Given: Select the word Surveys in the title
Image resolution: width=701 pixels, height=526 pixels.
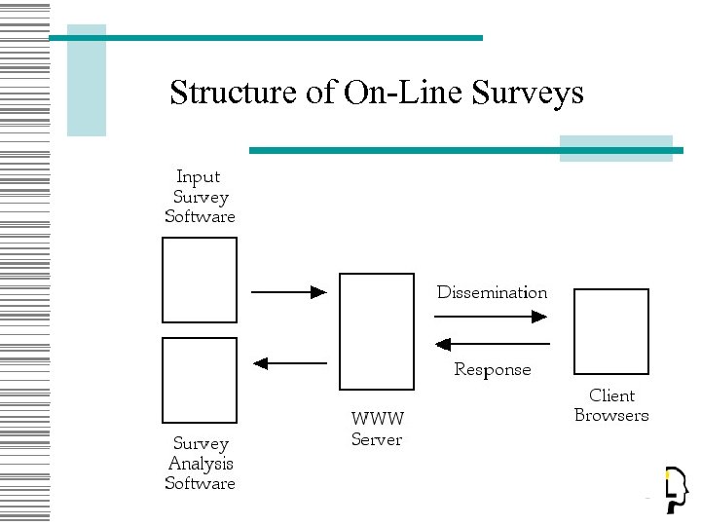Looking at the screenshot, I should pyautogui.click(x=528, y=94).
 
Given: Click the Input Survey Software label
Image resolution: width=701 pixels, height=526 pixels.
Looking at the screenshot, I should pyautogui.click(x=200, y=197).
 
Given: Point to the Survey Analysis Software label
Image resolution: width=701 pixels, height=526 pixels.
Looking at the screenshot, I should pyautogui.click(x=200, y=463).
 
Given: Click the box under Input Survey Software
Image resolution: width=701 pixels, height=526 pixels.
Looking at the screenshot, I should pyautogui.click(x=200, y=280).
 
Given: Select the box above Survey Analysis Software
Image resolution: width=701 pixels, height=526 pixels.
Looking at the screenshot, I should pyautogui.click(x=200, y=380).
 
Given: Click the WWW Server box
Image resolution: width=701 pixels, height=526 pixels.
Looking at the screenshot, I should pyautogui.click(x=376, y=331).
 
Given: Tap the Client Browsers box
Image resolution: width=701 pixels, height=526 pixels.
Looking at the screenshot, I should pyautogui.click(x=610, y=331).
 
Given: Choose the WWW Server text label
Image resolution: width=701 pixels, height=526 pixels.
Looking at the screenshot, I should pyautogui.click(x=377, y=429).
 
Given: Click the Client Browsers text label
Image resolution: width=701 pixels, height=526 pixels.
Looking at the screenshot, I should pyautogui.click(x=611, y=405).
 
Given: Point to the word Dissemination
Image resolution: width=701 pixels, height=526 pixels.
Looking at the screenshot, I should pyautogui.click(x=492, y=292).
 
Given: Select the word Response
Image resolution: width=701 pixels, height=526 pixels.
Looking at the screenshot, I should pyautogui.click(x=493, y=370).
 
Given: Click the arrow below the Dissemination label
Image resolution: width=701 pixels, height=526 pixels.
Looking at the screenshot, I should pyautogui.click(x=492, y=316).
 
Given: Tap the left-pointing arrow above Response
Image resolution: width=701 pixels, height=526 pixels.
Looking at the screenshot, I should pyautogui.click(x=492, y=344).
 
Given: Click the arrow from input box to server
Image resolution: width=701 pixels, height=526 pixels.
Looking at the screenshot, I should pyautogui.click(x=288, y=291).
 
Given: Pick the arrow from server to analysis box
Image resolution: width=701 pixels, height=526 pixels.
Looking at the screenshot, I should pyautogui.click(x=288, y=363).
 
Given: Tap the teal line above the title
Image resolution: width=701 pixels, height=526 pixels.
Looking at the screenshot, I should pyautogui.click(x=265, y=38).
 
